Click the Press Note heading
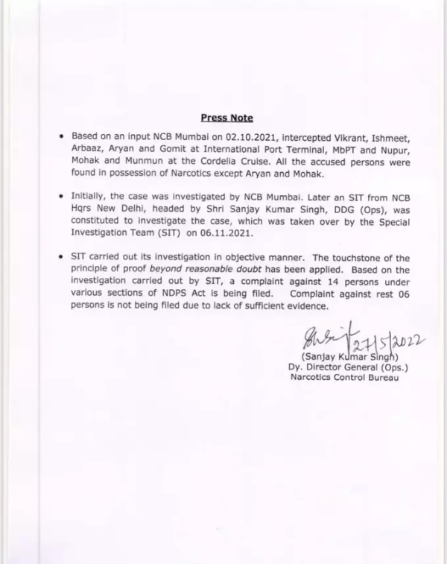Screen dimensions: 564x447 pyautogui.click(x=227, y=118)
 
